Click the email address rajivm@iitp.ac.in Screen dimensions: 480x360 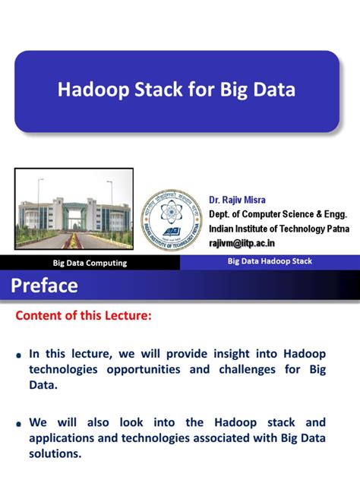tap(253, 242)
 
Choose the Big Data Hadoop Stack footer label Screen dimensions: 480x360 tap(270, 261)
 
